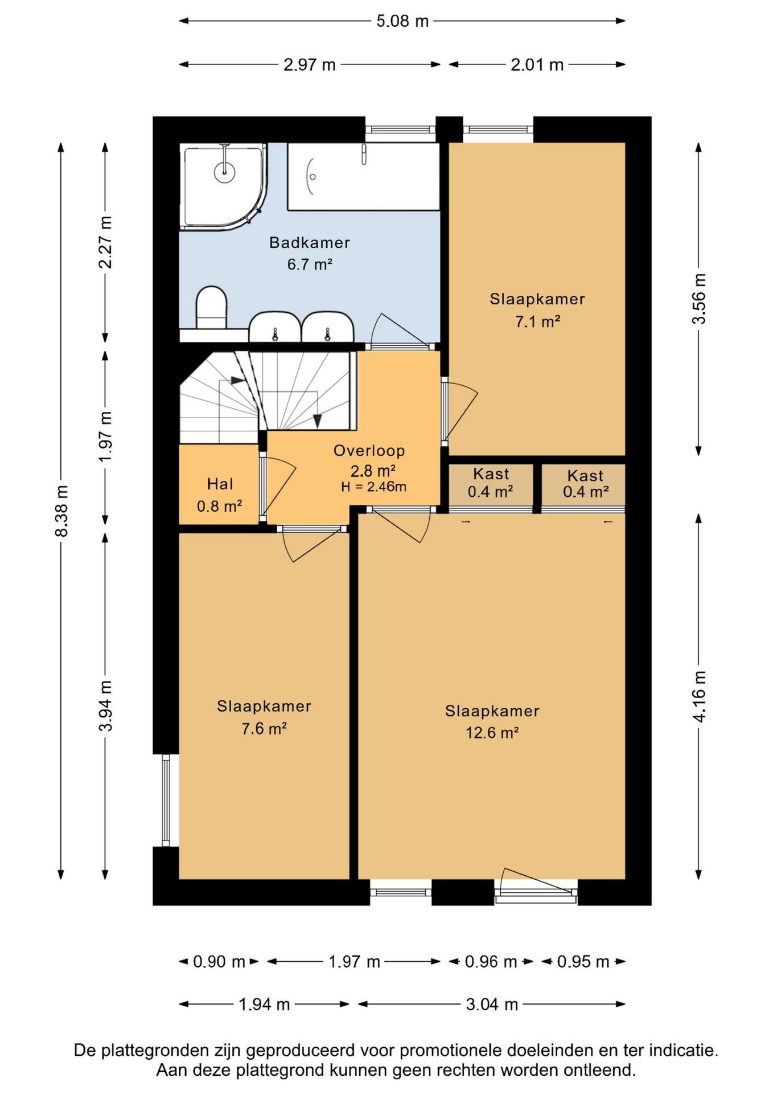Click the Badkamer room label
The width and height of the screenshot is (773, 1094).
pos(309,243)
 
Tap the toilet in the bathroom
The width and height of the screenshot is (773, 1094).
pos(211,308)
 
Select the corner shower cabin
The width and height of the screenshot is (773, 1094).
pos(223,186)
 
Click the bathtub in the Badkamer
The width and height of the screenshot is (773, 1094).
pos(363,177)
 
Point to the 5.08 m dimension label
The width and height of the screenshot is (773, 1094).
pos(402,21)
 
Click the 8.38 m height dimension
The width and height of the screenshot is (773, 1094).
pos(61,511)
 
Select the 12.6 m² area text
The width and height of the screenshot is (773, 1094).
pos(492,733)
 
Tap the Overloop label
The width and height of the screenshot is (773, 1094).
pos(369,451)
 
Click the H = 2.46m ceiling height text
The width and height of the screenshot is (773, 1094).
pos(374,487)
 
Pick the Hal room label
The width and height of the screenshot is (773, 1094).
pos(220,484)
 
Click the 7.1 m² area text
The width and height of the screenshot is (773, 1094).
pos(538,322)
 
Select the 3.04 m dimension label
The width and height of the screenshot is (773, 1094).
pos(492,1004)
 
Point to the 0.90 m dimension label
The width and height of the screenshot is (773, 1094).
pos(219,962)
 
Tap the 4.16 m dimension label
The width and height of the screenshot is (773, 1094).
pos(699,697)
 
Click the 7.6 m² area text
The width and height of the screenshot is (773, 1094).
pos(264,729)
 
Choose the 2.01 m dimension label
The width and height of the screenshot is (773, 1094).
pos(537,65)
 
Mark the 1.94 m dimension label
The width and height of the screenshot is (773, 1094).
pos(264,1004)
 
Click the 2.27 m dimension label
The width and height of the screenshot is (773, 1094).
pos(105,243)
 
